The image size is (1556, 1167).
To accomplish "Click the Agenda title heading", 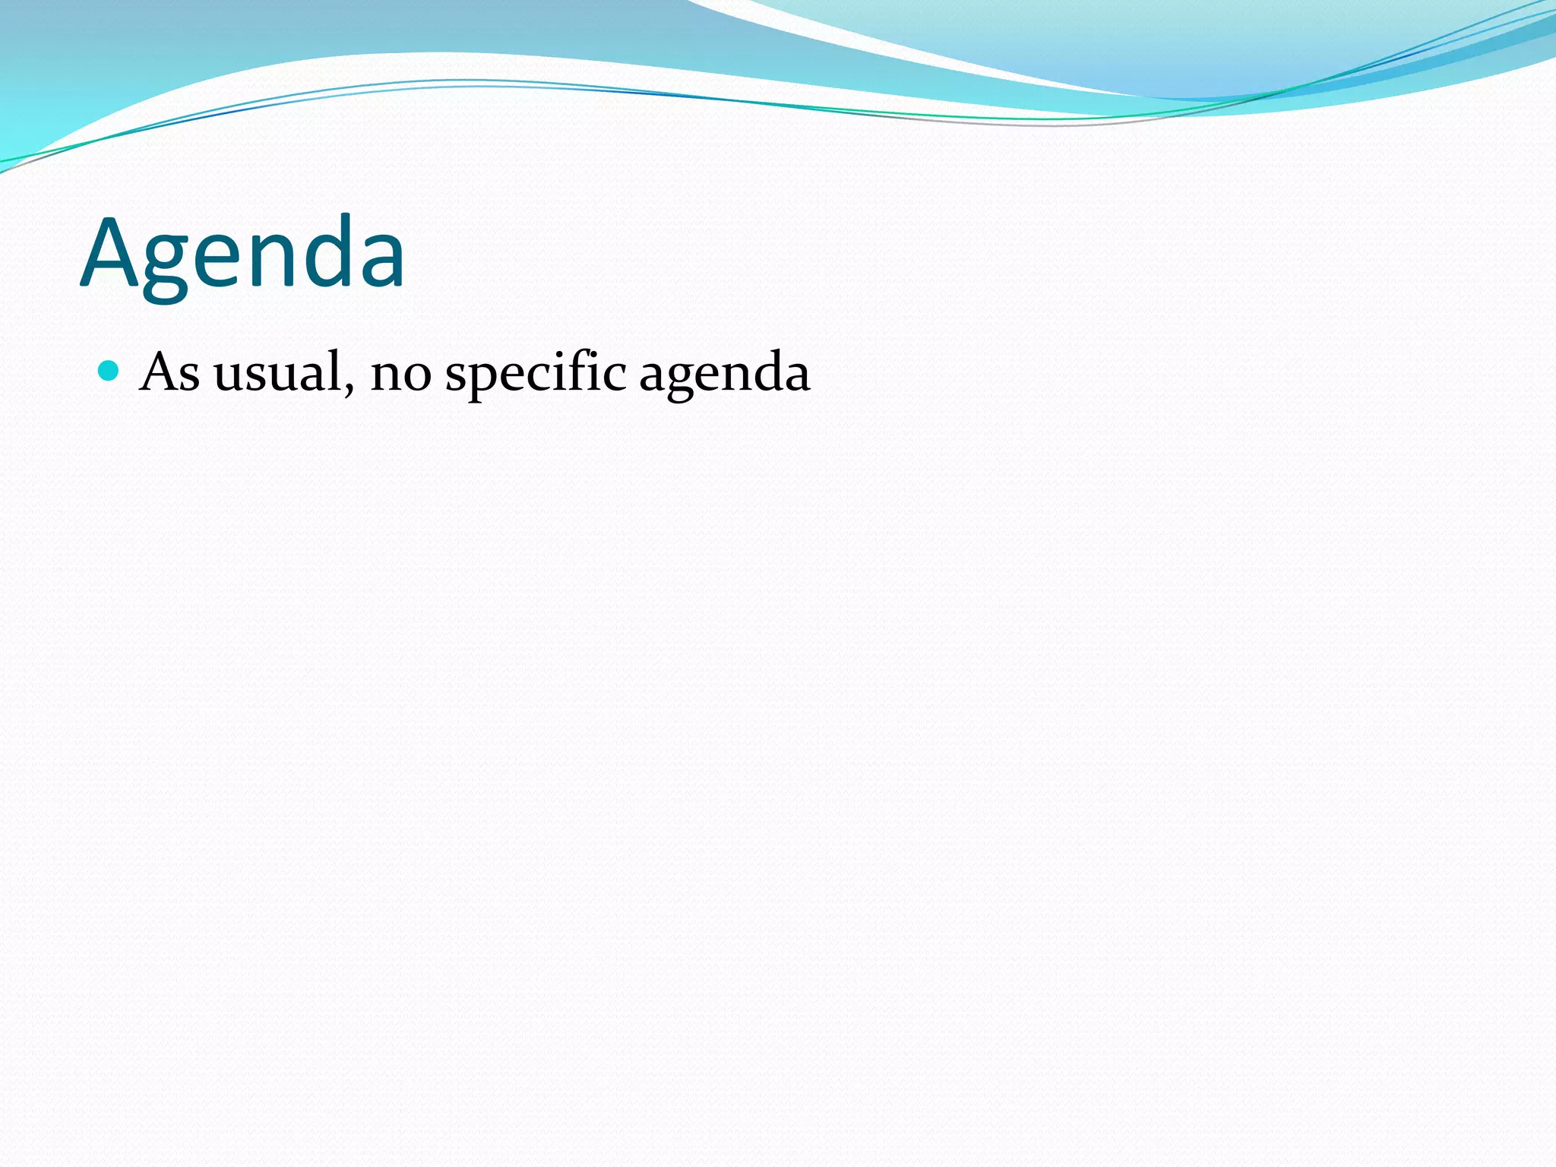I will pyautogui.click(x=242, y=255).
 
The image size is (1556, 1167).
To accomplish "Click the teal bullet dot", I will pyautogui.click(x=109, y=371).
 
